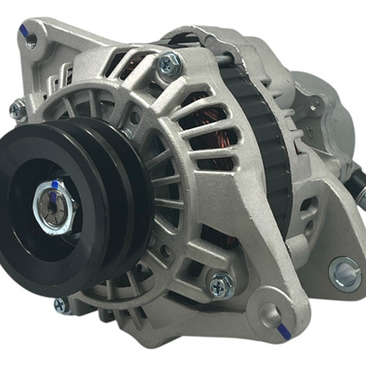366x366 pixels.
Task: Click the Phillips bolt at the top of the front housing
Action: pyautogui.click(x=170, y=64)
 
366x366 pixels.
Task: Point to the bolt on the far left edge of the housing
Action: pyautogui.click(x=18, y=110)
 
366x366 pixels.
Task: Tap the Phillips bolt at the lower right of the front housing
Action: pyautogui.click(x=221, y=285)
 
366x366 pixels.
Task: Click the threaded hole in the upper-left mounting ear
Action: pyautogui.click(x=32, y=41)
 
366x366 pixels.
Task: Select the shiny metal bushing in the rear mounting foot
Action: pyautogui.click(x=345, y=274)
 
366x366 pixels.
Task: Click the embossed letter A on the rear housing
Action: pyautogui.click(x=308, y=131)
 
